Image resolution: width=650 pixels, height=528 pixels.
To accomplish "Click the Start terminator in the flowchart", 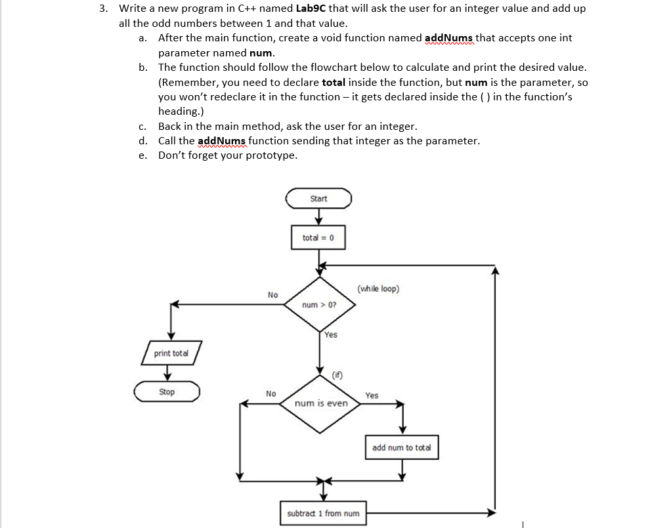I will (x=318, y=198).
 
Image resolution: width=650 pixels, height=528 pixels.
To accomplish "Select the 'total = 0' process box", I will (x=318, y=237).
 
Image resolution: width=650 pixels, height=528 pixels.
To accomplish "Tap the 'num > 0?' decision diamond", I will (x=318, y=305).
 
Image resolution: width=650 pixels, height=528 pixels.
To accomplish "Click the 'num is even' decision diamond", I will (x=321, y=403).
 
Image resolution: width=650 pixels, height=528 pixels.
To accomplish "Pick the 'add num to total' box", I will (x=401, y=447).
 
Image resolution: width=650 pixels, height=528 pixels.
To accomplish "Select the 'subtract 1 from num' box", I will (x=324, y=514).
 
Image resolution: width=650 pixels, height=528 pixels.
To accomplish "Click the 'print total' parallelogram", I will (x=171, y=353).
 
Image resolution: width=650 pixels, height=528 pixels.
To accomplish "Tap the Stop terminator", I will (x=167, y=392).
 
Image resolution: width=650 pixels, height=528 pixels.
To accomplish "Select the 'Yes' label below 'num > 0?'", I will (x=330, y=335).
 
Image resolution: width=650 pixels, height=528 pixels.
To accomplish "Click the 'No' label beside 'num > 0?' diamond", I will (x=272, y=295).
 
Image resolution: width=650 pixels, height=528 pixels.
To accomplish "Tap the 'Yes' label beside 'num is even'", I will (x=372, y=396).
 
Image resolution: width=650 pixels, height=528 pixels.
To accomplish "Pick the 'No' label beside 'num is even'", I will (x=271, y=394).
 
